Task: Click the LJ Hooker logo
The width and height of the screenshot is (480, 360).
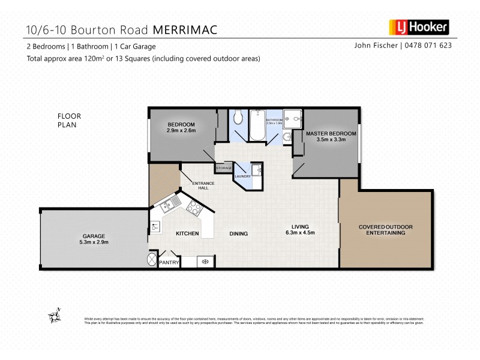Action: (x=419, y=27)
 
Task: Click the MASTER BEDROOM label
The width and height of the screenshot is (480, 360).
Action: (x=331, y=133)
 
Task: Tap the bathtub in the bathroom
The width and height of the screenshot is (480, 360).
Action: (x=257, y=125)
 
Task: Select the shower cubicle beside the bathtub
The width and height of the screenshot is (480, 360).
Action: (x=292, y=121)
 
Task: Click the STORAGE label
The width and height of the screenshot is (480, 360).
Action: (x=224, y=168)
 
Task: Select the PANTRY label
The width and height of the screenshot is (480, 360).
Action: (x=169, y=262)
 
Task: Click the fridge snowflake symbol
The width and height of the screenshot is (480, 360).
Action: (x=205, y=261)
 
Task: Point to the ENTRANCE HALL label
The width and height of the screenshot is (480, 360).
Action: (x=200, y=185)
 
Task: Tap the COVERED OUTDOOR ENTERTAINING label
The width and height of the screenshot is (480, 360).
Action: (x=385, y=229)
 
